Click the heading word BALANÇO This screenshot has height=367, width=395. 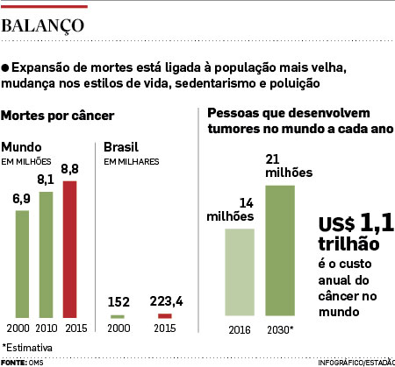(x=43, y=26)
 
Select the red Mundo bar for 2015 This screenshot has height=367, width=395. (x=69, y=250)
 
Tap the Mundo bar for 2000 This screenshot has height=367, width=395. (x=22, y=264)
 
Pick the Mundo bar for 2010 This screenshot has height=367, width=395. (x=46, y=255)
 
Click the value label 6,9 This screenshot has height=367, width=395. (x=21, y=199)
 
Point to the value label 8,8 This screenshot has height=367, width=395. (x=69, y=169)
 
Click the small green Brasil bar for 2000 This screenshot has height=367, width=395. (x=118, y=316)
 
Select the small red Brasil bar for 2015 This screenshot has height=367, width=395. (x=165, y=316)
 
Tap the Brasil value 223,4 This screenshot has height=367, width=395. (x=166, y=301)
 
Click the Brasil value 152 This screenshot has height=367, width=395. (x=118, y=302)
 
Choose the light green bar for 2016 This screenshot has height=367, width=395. (x=240, y=272)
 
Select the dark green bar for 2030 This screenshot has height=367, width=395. (x=280, y=251)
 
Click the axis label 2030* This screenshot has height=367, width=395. (x=280, y=330)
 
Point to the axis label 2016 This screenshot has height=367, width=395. (x=240, y=330)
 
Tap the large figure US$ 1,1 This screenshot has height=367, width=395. (x=356, y=223)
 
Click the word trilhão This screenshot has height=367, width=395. (x=348, y=243)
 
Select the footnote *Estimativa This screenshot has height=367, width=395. (x=27, y=348)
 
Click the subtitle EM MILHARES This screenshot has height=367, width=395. (x=132, y=162)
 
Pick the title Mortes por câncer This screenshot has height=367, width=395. (x=57, y=116)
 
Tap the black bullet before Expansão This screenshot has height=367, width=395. (x=5, y=68)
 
